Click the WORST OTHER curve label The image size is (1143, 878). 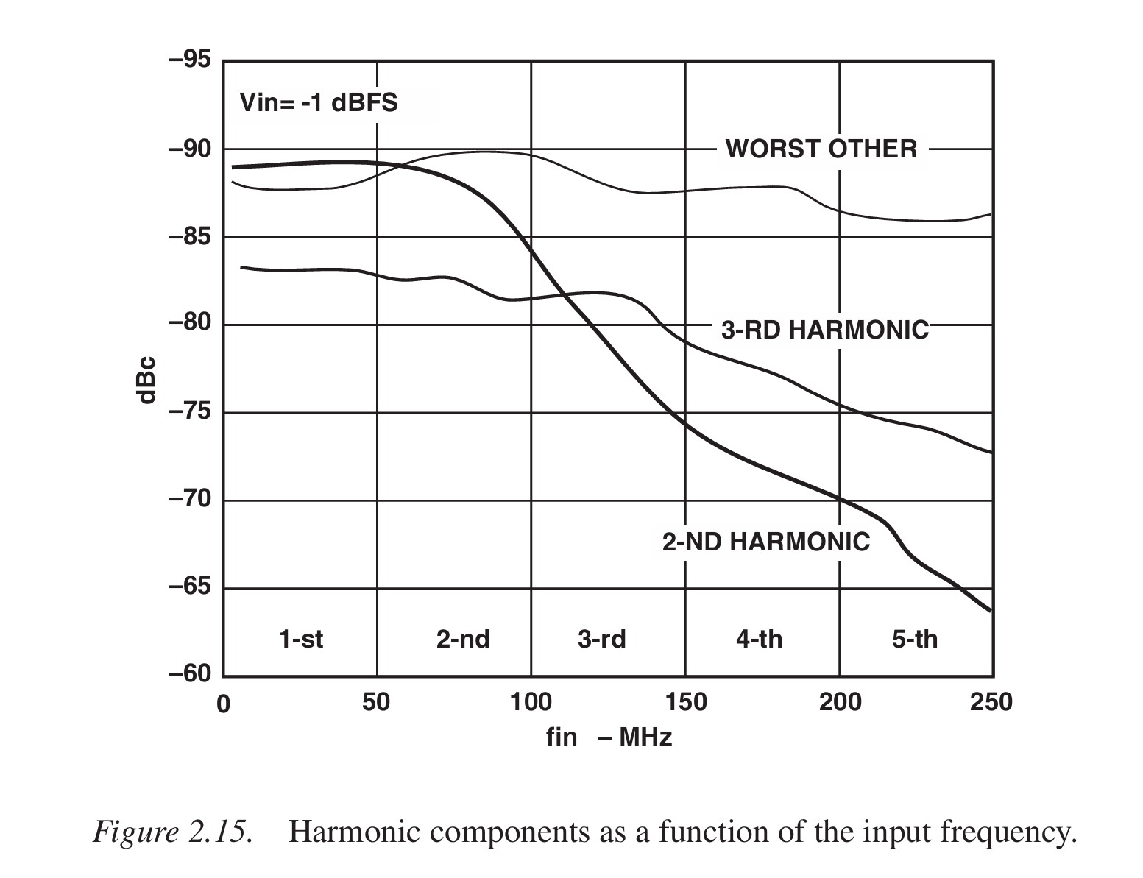(821, 149)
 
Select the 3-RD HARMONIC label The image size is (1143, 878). (824, 330)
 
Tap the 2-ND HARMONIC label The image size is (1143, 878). (765, 542)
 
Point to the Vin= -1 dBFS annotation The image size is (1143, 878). (319, 102)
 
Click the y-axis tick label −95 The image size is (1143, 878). (189, 60)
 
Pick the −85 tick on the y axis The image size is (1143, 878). (189, 237)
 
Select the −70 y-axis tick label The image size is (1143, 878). (189, 500)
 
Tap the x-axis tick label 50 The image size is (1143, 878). (376, 703)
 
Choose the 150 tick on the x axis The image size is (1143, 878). (685, 703)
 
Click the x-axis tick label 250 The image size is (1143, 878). (991, 703)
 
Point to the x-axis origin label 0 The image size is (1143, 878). (223, 704)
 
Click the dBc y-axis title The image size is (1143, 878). (146, 380)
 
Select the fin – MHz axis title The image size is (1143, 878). (609, 737)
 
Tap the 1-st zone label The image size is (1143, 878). (300, 639)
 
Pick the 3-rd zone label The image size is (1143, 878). (601, 639)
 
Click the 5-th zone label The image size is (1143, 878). (915, 639)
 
